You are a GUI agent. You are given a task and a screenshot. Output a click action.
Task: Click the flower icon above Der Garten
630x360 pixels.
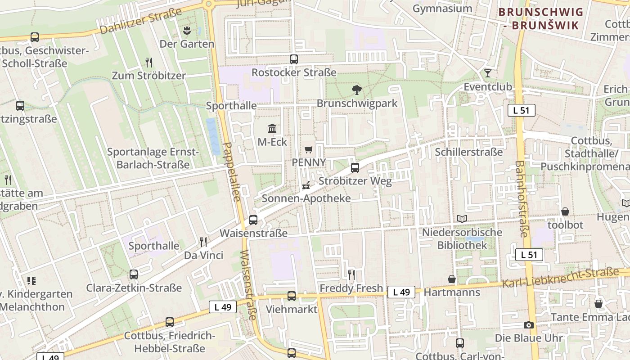tap(187, 30)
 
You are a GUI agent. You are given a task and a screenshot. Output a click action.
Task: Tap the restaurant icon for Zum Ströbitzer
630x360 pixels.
tap(149, 62)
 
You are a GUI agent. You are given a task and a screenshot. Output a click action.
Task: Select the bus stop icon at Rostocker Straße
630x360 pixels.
tap(294, 59)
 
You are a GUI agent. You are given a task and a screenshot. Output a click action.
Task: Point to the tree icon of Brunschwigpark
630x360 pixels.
tap(357, 90)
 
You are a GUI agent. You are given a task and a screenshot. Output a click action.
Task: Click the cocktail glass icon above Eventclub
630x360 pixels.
tap(488, 73)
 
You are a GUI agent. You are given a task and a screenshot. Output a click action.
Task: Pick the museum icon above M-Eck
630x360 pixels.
tap(272, 129)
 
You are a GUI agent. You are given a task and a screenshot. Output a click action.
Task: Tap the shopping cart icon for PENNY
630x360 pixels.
tap(308, 149)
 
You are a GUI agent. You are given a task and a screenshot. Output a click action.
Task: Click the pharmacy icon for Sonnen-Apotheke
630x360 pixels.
tap(306, 185)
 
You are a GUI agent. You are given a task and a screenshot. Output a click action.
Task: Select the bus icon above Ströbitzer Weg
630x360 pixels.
tap(355, 168)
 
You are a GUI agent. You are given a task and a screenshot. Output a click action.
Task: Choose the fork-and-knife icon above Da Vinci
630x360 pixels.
tap(203, 242)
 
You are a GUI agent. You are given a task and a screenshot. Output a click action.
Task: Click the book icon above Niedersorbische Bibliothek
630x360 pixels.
tap(462, 219)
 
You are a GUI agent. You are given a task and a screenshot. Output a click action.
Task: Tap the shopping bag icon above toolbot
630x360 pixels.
tap(565, 211)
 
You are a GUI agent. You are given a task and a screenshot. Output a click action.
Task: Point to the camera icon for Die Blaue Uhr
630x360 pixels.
tap(529, 325)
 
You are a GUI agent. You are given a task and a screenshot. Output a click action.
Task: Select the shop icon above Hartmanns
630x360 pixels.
tap(452, 279)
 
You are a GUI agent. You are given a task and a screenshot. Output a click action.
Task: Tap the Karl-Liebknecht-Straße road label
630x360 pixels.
tap(560, 278)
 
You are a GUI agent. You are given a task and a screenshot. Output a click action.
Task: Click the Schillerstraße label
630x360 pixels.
tap(468, 152)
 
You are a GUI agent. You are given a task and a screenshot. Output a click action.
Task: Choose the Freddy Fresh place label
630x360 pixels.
tap(351, 288)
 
